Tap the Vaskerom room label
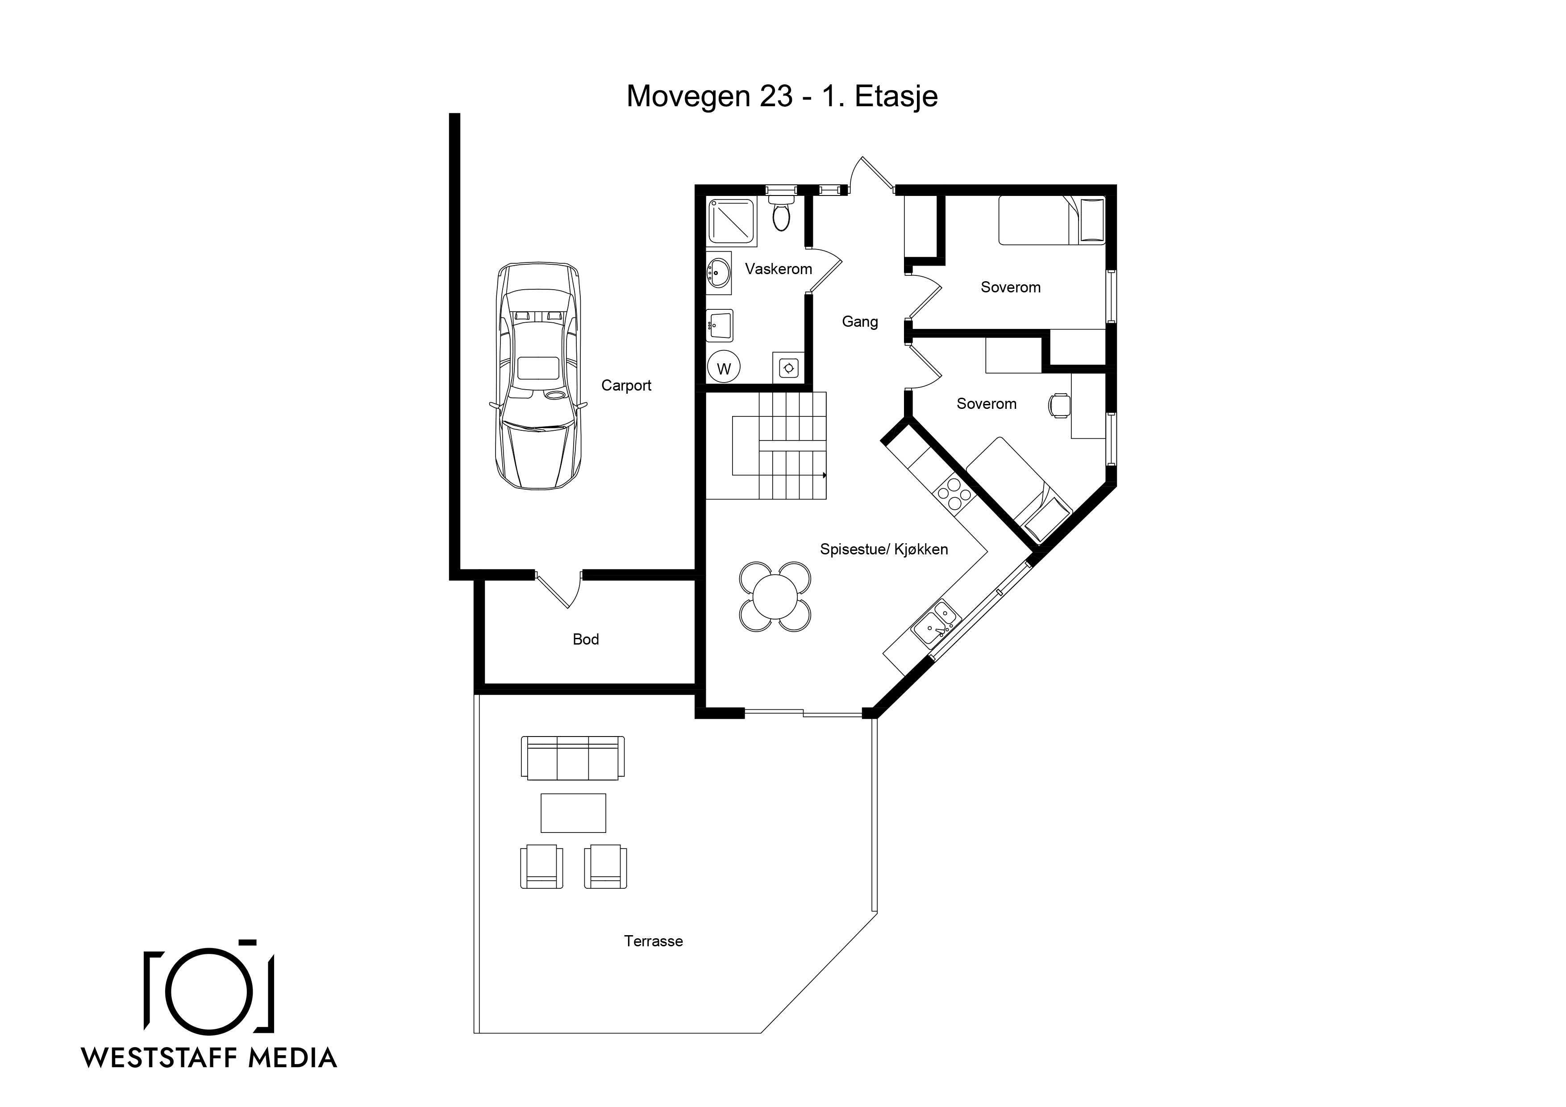[x=778, y=269]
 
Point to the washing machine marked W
[x=724, y=368]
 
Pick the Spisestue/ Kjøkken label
[x=883, y=549]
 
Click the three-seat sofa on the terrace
[x=572, y=758]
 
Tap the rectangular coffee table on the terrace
[x=573, y=813]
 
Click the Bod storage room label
[x=585, y=639]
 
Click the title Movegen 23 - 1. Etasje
[x=782, y=96]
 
